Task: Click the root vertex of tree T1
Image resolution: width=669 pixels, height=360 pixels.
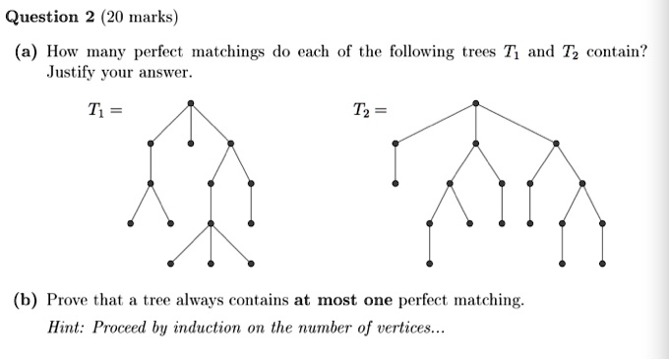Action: click(190, 102)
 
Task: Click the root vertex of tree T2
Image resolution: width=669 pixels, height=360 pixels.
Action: click(476, 102)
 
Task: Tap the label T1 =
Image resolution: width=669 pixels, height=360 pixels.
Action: click(103, 107)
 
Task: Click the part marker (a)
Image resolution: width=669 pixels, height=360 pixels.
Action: click(26, 51)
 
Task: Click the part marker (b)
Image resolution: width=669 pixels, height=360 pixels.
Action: click(26, 298)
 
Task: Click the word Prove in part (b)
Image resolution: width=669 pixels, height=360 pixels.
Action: click(70, 298)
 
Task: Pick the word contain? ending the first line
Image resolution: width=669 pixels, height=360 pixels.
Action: click(617, 51)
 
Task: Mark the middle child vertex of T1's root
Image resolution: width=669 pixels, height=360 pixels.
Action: click(190, 144)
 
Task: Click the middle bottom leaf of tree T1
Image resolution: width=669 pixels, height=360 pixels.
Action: click(211, 264)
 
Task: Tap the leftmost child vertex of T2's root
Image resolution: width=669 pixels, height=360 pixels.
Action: click(395, 144)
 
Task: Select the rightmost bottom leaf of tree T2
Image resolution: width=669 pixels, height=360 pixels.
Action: click(602, 264)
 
